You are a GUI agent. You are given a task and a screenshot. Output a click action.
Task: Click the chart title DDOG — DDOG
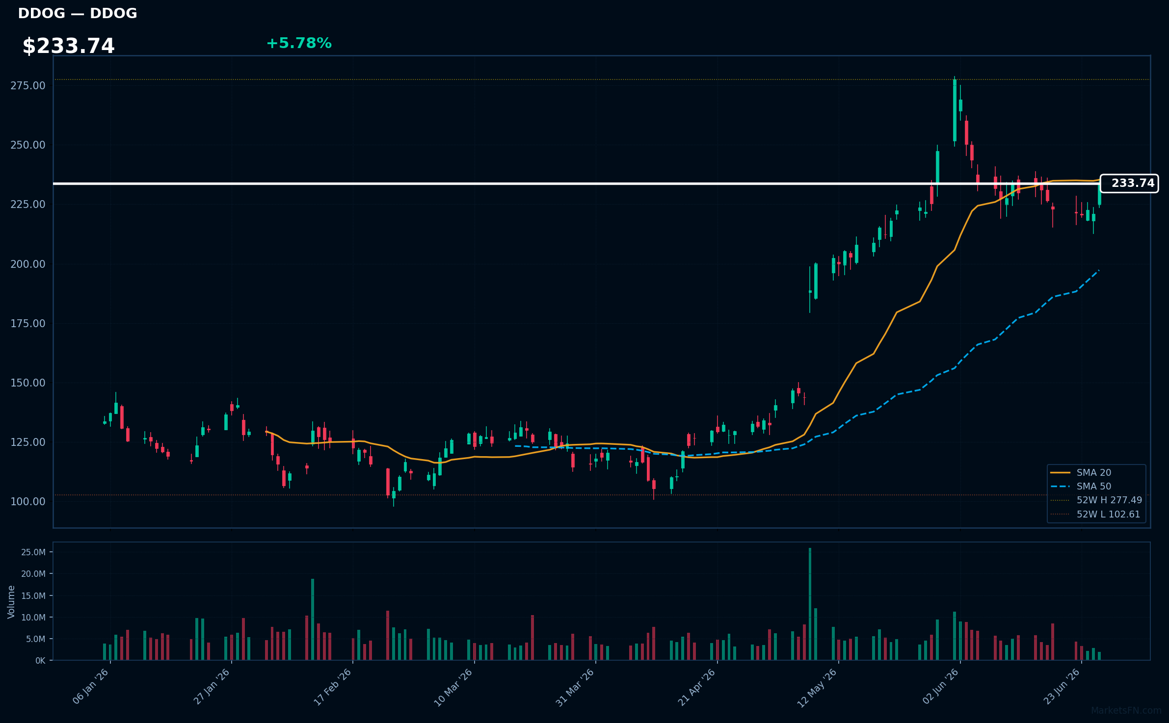78,13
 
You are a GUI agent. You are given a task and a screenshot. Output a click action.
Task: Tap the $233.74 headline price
68,46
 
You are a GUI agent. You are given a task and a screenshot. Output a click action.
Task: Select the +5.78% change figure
299,43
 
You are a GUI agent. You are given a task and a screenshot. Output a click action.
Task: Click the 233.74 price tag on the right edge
1129,183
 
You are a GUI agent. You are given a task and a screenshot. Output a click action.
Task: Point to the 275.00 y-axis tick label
28,86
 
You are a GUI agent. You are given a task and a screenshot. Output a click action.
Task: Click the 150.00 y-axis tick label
28,383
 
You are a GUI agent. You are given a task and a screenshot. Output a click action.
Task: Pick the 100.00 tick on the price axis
28,502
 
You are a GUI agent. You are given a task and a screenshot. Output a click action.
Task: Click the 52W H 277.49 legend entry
1096,500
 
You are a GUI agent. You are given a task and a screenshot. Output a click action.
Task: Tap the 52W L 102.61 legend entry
1095,515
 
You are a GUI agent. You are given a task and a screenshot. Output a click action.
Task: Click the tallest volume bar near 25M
810,604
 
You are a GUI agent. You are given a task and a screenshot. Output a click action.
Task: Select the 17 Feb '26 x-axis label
333,686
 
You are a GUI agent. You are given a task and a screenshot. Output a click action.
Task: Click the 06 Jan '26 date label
91,686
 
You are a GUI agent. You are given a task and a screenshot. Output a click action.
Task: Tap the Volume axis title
11,602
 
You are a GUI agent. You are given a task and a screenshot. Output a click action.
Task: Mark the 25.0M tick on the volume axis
33,552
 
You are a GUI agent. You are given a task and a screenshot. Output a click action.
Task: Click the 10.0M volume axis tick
33,618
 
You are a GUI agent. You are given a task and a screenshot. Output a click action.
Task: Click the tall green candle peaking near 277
955,110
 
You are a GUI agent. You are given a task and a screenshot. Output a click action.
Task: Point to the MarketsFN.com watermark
1126,711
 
